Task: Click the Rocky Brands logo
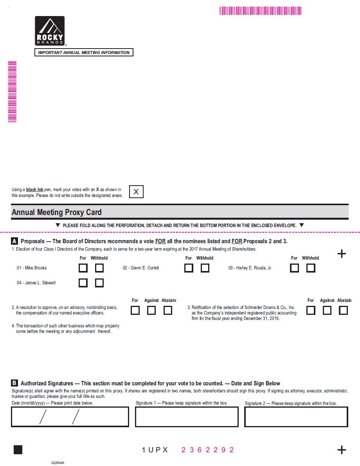click(50, 31)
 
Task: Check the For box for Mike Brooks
click(83, 268)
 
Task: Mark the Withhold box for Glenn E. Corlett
click(205, 268)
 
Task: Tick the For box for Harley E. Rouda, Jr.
click(294, 268)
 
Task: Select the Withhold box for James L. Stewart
click(99, 283)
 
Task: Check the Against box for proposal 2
click(151, 311)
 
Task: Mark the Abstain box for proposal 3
click(344, 311)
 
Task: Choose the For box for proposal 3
click(311, 311)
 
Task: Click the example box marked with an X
click(136, 192)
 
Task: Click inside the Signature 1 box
click(187, 417)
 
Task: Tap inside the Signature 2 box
click(296, 417)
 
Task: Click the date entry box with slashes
click(70, 417)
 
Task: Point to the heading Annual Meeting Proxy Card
click(57, 212)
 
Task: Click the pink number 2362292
click(208, 450)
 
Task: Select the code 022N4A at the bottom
click(58, 462)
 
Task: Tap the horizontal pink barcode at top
click(260, 11)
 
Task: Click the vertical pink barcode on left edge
click(12, 92)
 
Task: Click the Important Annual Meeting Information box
click(84, 52)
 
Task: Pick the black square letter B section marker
click(14, 383)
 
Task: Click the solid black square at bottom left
click(18, 450)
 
